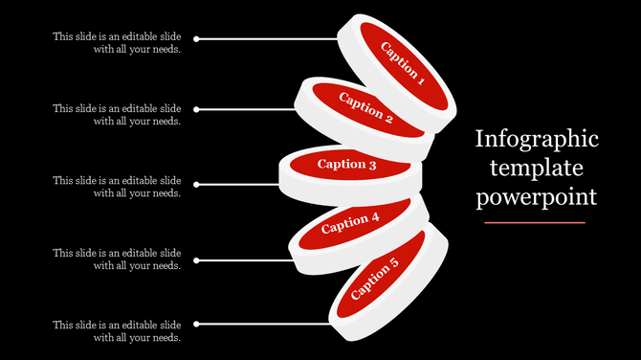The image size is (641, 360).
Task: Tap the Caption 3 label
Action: tap(347, 164)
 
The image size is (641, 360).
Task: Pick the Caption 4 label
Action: tap(351, 223)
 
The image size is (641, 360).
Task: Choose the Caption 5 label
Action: tap(376, 278)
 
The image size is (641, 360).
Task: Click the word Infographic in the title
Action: tap(537, 140)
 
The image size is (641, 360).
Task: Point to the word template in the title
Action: tap(537, 169)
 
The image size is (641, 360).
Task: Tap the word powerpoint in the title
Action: tap(537, 197)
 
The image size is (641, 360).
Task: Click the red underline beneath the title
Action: tap(535, 222)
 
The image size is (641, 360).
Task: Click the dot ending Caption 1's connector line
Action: tap(196, 39)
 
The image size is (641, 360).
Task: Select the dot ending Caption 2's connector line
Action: tap(196, 110)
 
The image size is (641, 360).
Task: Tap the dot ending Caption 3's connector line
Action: tap(196, 184)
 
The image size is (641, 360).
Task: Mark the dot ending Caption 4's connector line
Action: tap(196, 259)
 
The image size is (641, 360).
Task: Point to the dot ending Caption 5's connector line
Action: tap(196, 324)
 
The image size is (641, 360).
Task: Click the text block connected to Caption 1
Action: tap(117, 43)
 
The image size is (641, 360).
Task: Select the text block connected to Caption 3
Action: tap(117, 187)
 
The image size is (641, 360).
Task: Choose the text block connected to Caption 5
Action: tap(117, 330)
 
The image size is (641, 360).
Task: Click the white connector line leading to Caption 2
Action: tap(249, 110)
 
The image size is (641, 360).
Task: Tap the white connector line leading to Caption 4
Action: tap(244, 259)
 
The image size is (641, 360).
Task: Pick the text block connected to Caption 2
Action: tap(117, 115)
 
